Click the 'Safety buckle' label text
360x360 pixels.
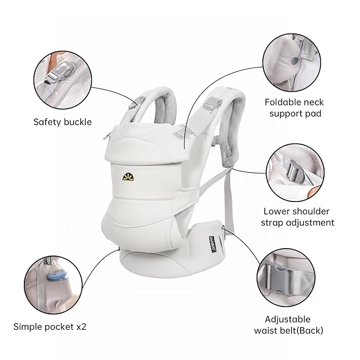(63, 122)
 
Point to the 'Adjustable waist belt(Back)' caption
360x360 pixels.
(294, 325)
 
